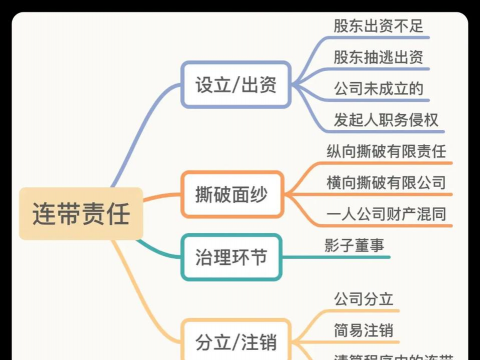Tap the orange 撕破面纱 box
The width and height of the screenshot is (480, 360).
233,192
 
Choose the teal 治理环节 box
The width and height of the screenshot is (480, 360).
233,256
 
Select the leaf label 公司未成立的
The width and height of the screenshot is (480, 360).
379,89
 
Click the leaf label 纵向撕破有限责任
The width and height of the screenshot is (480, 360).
385,152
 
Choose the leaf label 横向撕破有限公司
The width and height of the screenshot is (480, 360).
385,183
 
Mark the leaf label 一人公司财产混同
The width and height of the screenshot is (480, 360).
385,214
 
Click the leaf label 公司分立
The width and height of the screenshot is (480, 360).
364,298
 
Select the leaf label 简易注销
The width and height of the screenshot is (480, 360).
364,329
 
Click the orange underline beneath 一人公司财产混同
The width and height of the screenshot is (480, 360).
385,227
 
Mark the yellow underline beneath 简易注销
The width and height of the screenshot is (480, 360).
364,342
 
